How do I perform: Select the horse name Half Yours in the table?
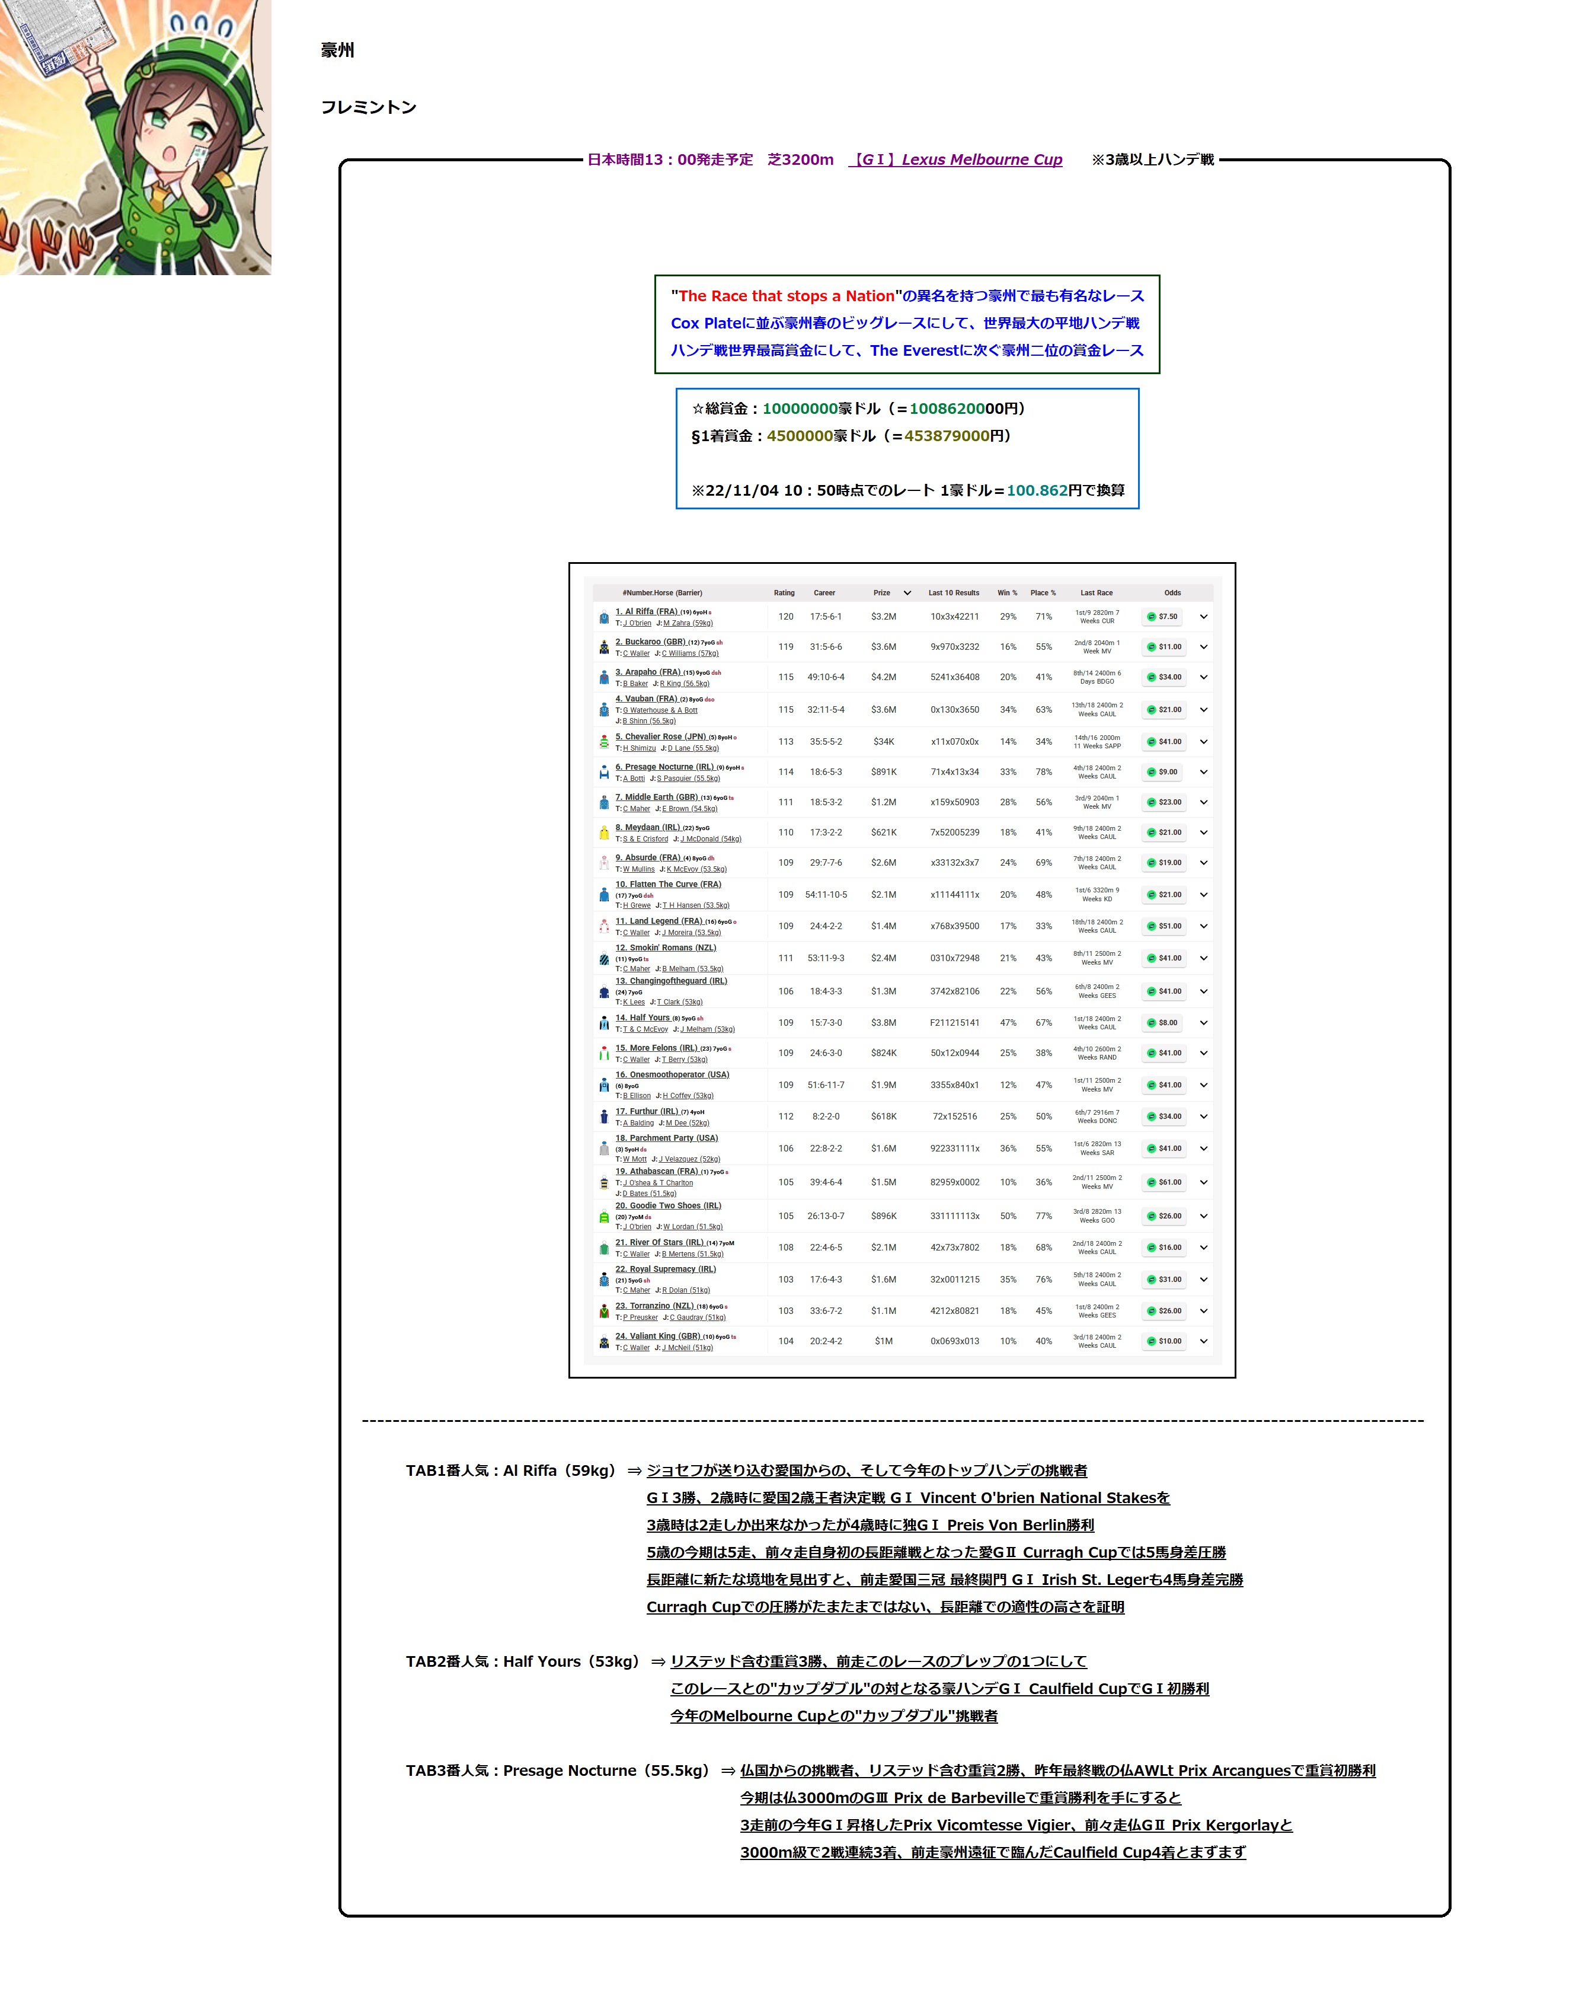tap(649, 1018)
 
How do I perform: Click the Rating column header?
tap(784, 593)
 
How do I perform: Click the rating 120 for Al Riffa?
tap(786, 617)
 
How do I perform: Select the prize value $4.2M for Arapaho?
tap(883, 677)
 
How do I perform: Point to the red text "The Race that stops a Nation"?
tap(787, 296)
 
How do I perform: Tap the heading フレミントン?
tap(369, 107)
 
